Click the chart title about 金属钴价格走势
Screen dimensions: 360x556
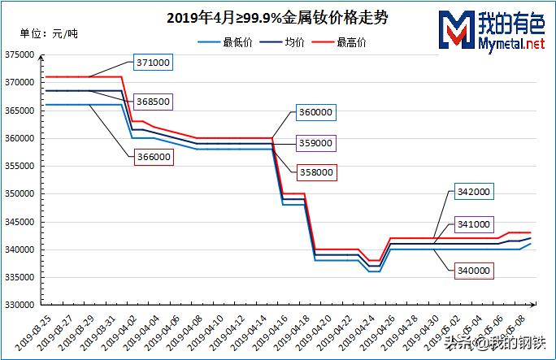coord(276,17)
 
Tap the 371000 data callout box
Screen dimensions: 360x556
coord(153,63)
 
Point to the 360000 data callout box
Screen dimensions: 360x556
coord(315,111)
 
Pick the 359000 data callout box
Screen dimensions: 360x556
coord(315,142)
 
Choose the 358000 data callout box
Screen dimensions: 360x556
coord(315,172)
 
